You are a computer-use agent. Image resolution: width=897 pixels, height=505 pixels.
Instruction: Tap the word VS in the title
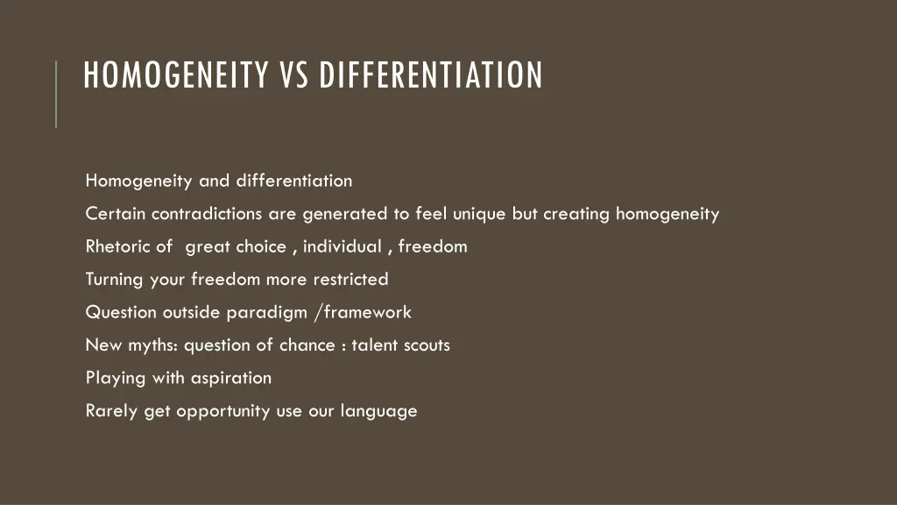click(296, 75)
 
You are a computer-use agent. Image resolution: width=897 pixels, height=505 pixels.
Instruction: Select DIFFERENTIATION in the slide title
click(430, 75)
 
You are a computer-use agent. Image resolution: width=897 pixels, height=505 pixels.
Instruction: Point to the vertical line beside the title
click(56, 94)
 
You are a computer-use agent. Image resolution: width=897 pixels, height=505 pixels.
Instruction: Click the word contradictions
click(207, 214)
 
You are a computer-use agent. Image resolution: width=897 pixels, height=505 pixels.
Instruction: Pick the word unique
click(479, 214)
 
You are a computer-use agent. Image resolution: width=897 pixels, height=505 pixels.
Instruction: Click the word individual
click(343, 246)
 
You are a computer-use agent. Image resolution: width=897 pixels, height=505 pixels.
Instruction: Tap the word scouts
click(427, 345)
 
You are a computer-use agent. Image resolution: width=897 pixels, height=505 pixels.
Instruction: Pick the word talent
click(375, 345)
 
